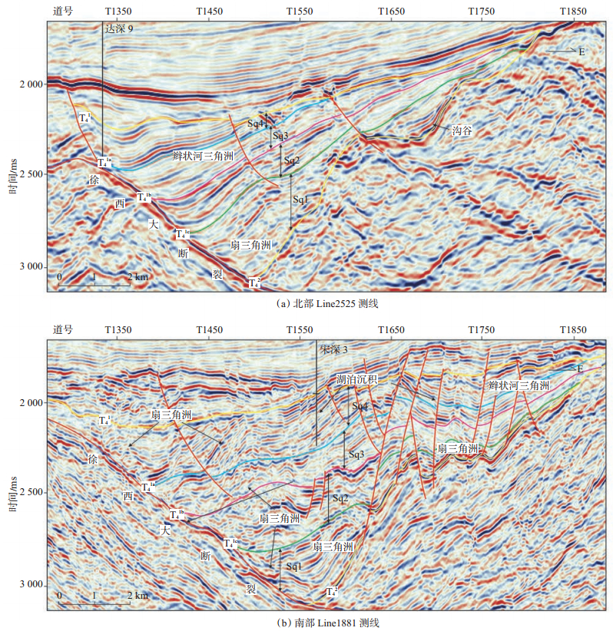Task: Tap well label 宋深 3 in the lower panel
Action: click(x=334, y=349)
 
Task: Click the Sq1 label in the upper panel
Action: click(x=300, y=200)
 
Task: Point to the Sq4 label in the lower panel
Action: click(x=360, y=405)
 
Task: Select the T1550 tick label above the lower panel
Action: click(x=299, y=329)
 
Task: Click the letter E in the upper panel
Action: click(x=582, y=51)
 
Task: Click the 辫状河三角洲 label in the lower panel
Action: click(x=519, y=385)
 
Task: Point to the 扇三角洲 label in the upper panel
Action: click(x=251, y=246)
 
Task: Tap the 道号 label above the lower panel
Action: click(x=63, y=329)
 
